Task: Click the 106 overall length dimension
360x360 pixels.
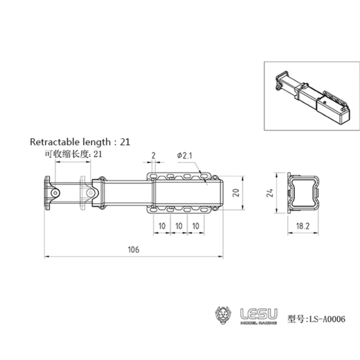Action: [x=133, y=249]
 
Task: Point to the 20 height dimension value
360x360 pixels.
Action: [x=236, y=193]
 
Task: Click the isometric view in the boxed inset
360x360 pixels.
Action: [x=311, y=96]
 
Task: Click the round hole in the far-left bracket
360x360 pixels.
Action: [x=55, y=193]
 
